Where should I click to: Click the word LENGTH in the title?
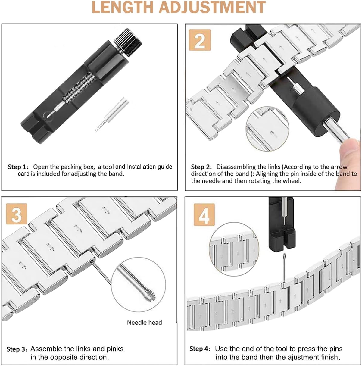tap(122, 7)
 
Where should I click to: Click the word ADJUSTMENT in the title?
tap(212, 7)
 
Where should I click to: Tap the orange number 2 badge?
tap(200, 40)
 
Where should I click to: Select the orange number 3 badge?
tap(17, 214)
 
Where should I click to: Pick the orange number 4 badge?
tap(204, 214)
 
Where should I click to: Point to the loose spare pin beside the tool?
tap(112, 114)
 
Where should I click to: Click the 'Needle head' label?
tap(144, 322)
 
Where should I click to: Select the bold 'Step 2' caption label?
tap(201, 167)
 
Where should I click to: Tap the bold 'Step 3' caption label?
tap(17, 349)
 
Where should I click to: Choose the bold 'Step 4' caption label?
tap(200, 349)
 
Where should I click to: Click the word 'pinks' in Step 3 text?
tap(115, 349)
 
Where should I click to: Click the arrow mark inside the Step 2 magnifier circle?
tap(273, 133)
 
